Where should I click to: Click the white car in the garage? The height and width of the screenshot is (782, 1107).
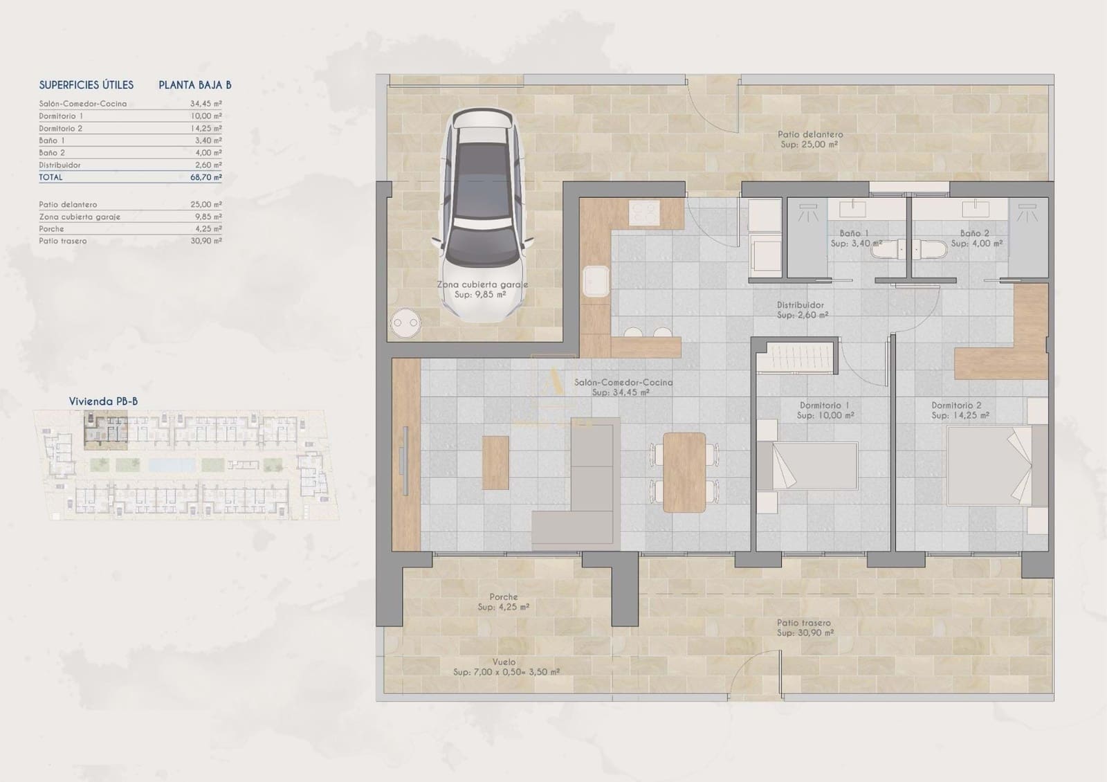coord(482,215)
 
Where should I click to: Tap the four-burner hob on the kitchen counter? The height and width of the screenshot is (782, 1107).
coord(643,212)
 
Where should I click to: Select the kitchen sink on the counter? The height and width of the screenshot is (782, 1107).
coord(595,282)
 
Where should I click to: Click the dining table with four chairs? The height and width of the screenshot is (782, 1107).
coord(684,472)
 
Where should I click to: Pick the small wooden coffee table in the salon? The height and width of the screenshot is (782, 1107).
coord(495,462)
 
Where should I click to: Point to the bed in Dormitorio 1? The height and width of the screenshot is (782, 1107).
coord(814,466)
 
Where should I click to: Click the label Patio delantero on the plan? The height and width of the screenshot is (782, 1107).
coord(809,135)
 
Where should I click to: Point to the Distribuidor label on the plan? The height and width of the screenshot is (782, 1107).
coord(800,305)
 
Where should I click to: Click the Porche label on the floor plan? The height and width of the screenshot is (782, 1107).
coord(503,597)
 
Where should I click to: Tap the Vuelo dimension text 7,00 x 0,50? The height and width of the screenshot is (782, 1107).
coord(506,672)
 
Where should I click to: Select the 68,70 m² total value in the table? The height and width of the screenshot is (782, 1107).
coord(205,177)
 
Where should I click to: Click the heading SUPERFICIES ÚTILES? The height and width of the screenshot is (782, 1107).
coord(86,85)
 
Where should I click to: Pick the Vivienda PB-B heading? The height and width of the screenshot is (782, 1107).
coord(103,401)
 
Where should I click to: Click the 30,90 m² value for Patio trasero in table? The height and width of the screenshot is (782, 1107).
coord(205,241)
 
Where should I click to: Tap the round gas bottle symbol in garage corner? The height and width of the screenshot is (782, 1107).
coord(405,322)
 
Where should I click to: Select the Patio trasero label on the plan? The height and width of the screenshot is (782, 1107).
coord(803,623)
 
